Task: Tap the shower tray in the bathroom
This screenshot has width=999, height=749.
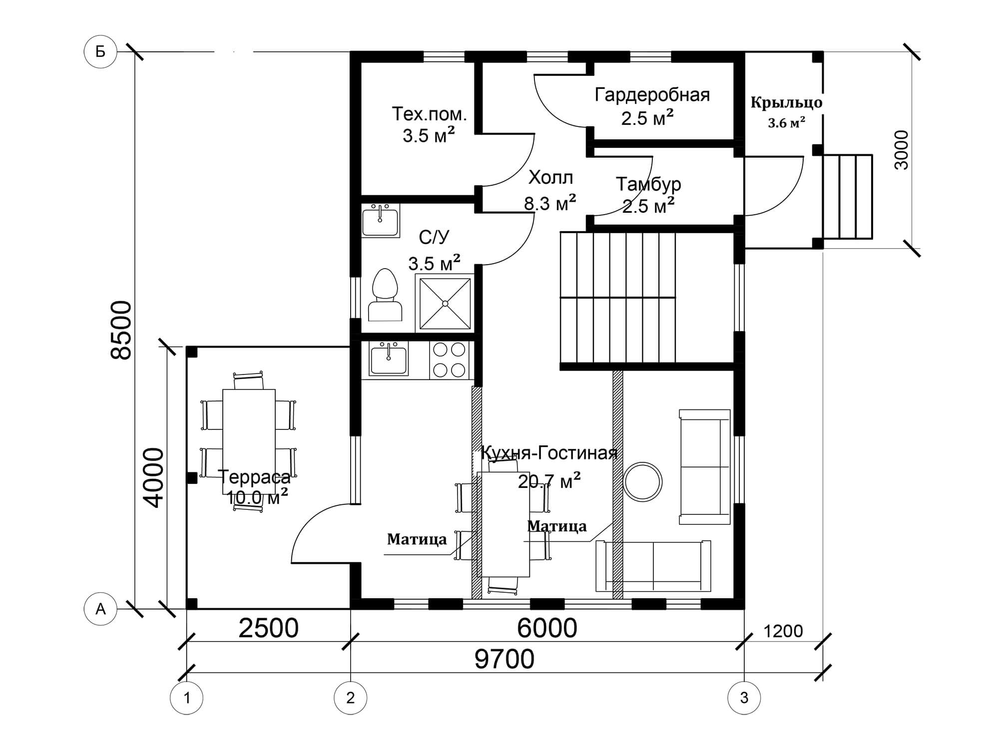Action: coord(445,303)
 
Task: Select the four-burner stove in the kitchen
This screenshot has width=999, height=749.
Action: coord(449,360)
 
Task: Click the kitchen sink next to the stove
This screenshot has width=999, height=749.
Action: coord(388,358)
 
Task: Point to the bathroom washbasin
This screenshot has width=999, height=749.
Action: coord(380,221)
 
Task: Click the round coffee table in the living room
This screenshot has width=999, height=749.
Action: coord(643,482)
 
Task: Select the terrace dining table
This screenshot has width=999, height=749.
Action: coord(249,441)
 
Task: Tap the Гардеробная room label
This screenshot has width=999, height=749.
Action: coord(652,94)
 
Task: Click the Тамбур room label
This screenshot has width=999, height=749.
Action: coord(648,184)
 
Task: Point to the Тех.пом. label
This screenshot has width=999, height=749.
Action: coord(429,114)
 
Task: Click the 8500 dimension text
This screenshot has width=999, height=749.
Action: coord(121,330)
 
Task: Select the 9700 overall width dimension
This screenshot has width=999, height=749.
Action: coord(504,659)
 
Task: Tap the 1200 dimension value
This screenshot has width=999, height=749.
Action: coord(783,631)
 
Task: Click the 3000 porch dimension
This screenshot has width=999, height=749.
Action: coord(902,150)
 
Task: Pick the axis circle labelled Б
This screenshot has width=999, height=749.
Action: coord(100,51)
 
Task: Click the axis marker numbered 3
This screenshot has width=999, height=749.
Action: coord(744,698)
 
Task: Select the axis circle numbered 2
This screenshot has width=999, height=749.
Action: coord(350,698)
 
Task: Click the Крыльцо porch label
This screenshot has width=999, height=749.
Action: coord(786,102)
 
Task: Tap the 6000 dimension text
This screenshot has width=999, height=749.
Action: coord(547,628)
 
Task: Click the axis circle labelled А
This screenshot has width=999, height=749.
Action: coord(100,609)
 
